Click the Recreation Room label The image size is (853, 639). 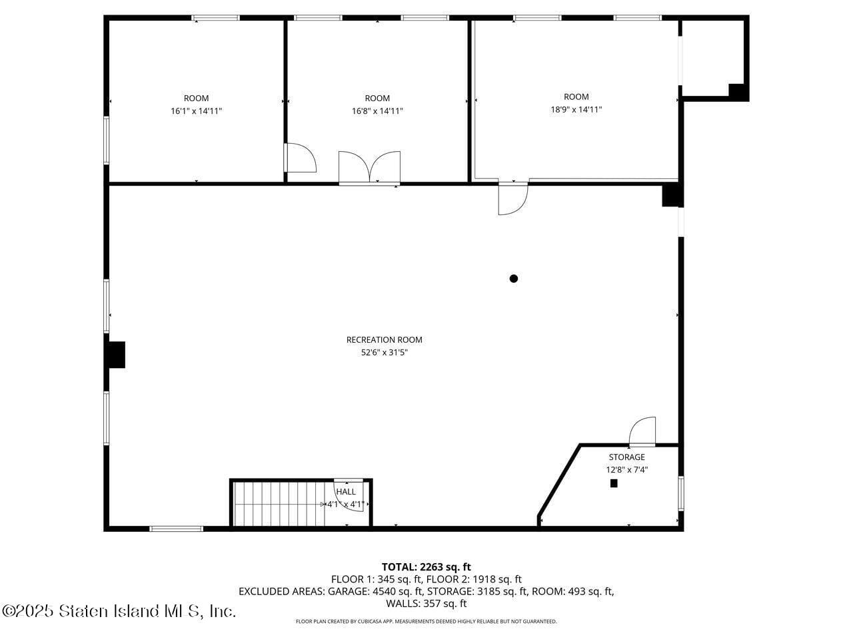coord(384,339)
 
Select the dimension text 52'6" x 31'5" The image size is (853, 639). coord(384,353)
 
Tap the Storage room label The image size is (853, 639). coord(626,457)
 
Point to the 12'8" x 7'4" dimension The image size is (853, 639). coord(626,470)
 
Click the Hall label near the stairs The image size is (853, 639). coord(346,492)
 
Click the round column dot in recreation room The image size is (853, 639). coord(514,279)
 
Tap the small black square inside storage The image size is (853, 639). coord(614,484)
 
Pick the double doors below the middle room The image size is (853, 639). coord(369,167)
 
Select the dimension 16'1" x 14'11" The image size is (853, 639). coord(196,111)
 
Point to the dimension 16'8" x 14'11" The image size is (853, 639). coord(377,111)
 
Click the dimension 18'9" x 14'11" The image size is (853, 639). coord(576,110)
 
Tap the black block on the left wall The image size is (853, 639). coord(117,355)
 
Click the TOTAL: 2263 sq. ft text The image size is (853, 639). coord(426,567)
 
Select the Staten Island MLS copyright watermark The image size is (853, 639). coord(119,611)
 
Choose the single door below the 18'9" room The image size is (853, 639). coord(512,198)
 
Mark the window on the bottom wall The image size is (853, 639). coord(176,529)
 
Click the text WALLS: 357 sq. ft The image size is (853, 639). coord(426,604)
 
